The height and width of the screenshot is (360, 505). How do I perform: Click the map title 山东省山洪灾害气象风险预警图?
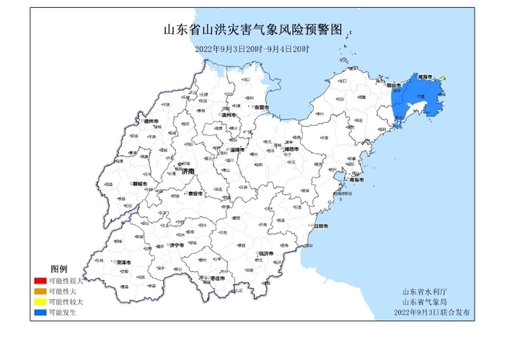pos(252,30)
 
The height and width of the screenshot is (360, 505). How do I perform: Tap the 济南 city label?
pos(188,172)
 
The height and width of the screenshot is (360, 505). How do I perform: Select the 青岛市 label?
pos(357,179)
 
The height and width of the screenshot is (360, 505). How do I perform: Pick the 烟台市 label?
pos(395,85)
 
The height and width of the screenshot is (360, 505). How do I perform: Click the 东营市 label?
pos(261,107)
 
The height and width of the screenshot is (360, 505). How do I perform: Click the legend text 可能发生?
pos(61,313)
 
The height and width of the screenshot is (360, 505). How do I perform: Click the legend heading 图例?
pos(58,268)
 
